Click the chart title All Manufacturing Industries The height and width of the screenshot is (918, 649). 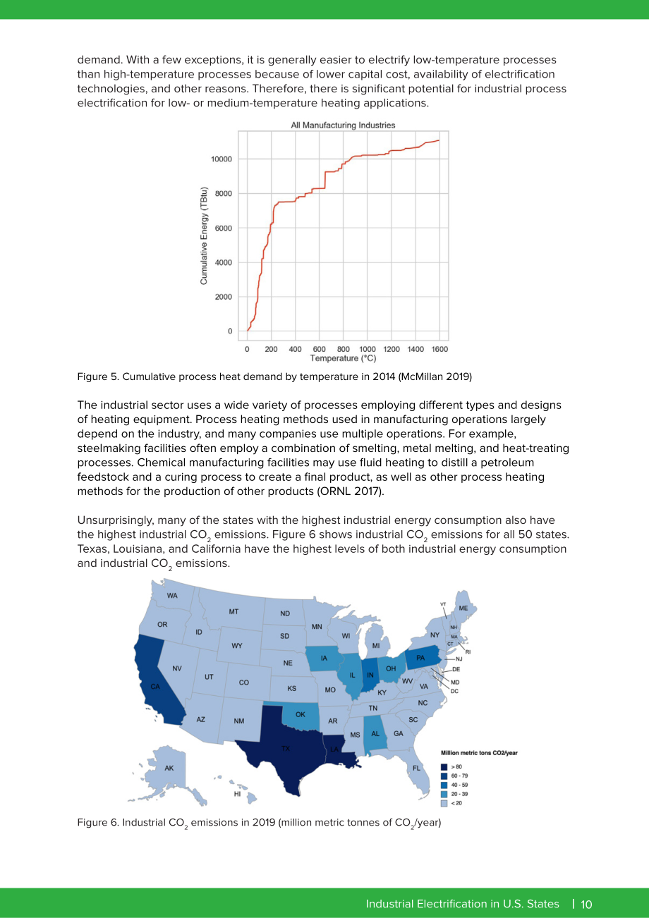(343, 125)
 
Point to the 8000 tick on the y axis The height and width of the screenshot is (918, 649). (224, 193)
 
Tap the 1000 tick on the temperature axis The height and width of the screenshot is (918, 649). (368, 349)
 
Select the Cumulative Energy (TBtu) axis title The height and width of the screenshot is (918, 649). (204, 235)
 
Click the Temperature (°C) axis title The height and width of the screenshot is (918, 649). (343, 358)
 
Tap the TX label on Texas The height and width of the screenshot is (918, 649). (285, 748)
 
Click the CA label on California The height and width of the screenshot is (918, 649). (155, 687)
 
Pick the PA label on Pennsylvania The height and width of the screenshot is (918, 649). (420, 658)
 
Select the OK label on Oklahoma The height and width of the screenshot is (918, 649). (300, 714)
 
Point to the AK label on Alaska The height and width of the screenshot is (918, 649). (169, 768)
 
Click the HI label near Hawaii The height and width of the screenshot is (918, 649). (237, 794)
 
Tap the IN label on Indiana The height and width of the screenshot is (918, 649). (370, 675)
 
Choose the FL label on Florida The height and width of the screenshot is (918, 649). (416, 768)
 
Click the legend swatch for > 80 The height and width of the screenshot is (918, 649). (444, 767)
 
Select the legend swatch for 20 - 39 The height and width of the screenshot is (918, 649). (444, 794)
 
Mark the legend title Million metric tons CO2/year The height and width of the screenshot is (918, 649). (479, 753)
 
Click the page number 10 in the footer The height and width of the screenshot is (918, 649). (586, 904)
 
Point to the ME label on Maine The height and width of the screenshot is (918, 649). (463, 608)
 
